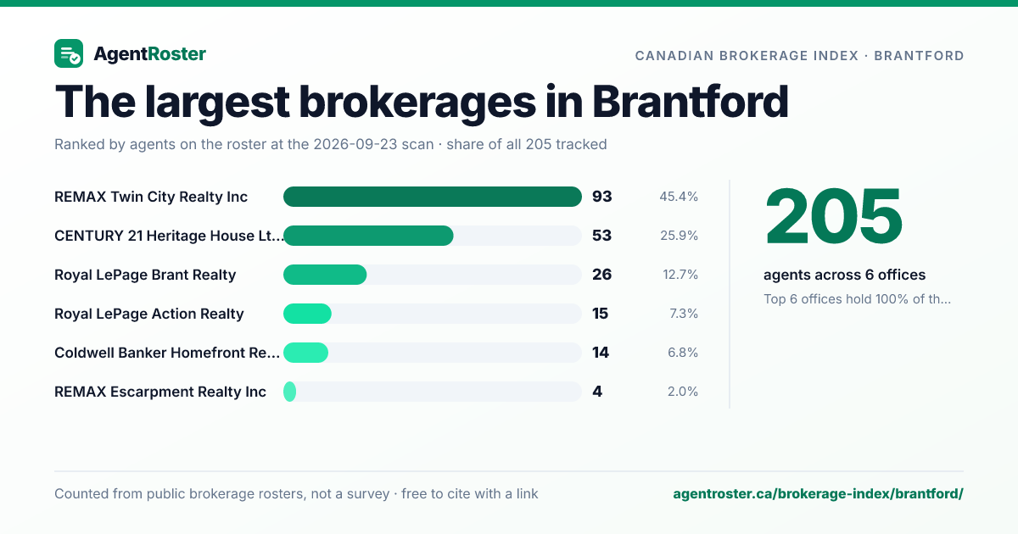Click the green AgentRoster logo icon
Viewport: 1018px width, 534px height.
(69, 53)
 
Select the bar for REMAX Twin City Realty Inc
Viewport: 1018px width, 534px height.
(432, 197)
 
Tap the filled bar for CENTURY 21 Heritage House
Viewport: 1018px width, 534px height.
(368, 236)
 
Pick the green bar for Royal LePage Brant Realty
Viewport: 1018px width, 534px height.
(325, 275)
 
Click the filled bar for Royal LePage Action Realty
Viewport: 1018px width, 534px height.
(307, 314)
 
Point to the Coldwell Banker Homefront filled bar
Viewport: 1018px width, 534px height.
(305, 353)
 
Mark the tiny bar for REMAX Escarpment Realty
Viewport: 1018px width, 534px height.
(289, 392)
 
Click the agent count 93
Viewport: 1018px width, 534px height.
(601, 197)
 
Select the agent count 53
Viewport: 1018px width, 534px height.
(601, 236)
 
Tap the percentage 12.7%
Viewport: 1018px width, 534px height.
(680, 275)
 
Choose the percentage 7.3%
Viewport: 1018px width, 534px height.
(684, 314)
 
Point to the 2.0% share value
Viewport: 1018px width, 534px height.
(683, 392)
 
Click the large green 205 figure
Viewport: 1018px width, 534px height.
(833, 217)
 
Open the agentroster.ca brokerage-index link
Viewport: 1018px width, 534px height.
(818, 494)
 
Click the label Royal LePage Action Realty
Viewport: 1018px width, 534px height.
(149, 314)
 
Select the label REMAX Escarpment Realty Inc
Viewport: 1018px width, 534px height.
(160, 392)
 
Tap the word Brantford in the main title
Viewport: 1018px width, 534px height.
(691, 102)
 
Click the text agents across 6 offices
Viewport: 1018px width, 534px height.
(844, 275)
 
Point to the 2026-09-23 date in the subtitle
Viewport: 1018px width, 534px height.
(373, 144)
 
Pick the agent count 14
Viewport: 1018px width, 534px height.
(601, 353)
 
